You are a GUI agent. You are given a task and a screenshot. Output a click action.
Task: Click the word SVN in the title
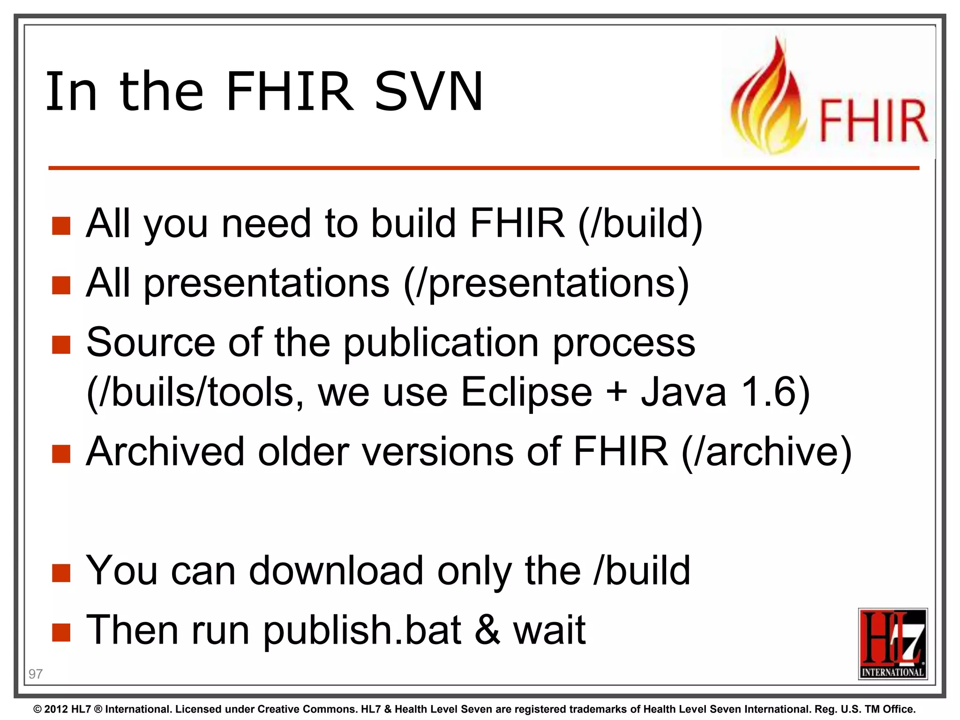coord(428,91)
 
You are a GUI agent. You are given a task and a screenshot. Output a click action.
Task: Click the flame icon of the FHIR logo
coord(769,98)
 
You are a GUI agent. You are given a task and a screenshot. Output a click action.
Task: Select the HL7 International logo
coord(892,643)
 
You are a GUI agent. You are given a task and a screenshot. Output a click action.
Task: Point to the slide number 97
coord(36,674)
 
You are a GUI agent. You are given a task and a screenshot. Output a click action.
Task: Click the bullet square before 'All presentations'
coord(61,285)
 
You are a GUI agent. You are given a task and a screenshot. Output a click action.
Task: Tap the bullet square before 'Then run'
coord(61,632)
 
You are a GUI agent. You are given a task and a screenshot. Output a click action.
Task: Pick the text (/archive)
coord(766,451)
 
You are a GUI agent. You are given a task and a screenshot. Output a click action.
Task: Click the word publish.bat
coord(362,630)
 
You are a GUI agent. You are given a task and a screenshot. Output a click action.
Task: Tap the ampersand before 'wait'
coord(487,630)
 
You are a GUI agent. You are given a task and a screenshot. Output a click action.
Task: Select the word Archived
coord(165,451)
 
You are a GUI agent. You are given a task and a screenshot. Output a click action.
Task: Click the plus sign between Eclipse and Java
coord(617,391)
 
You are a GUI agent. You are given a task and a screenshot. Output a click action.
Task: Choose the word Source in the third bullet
coord(150,343)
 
